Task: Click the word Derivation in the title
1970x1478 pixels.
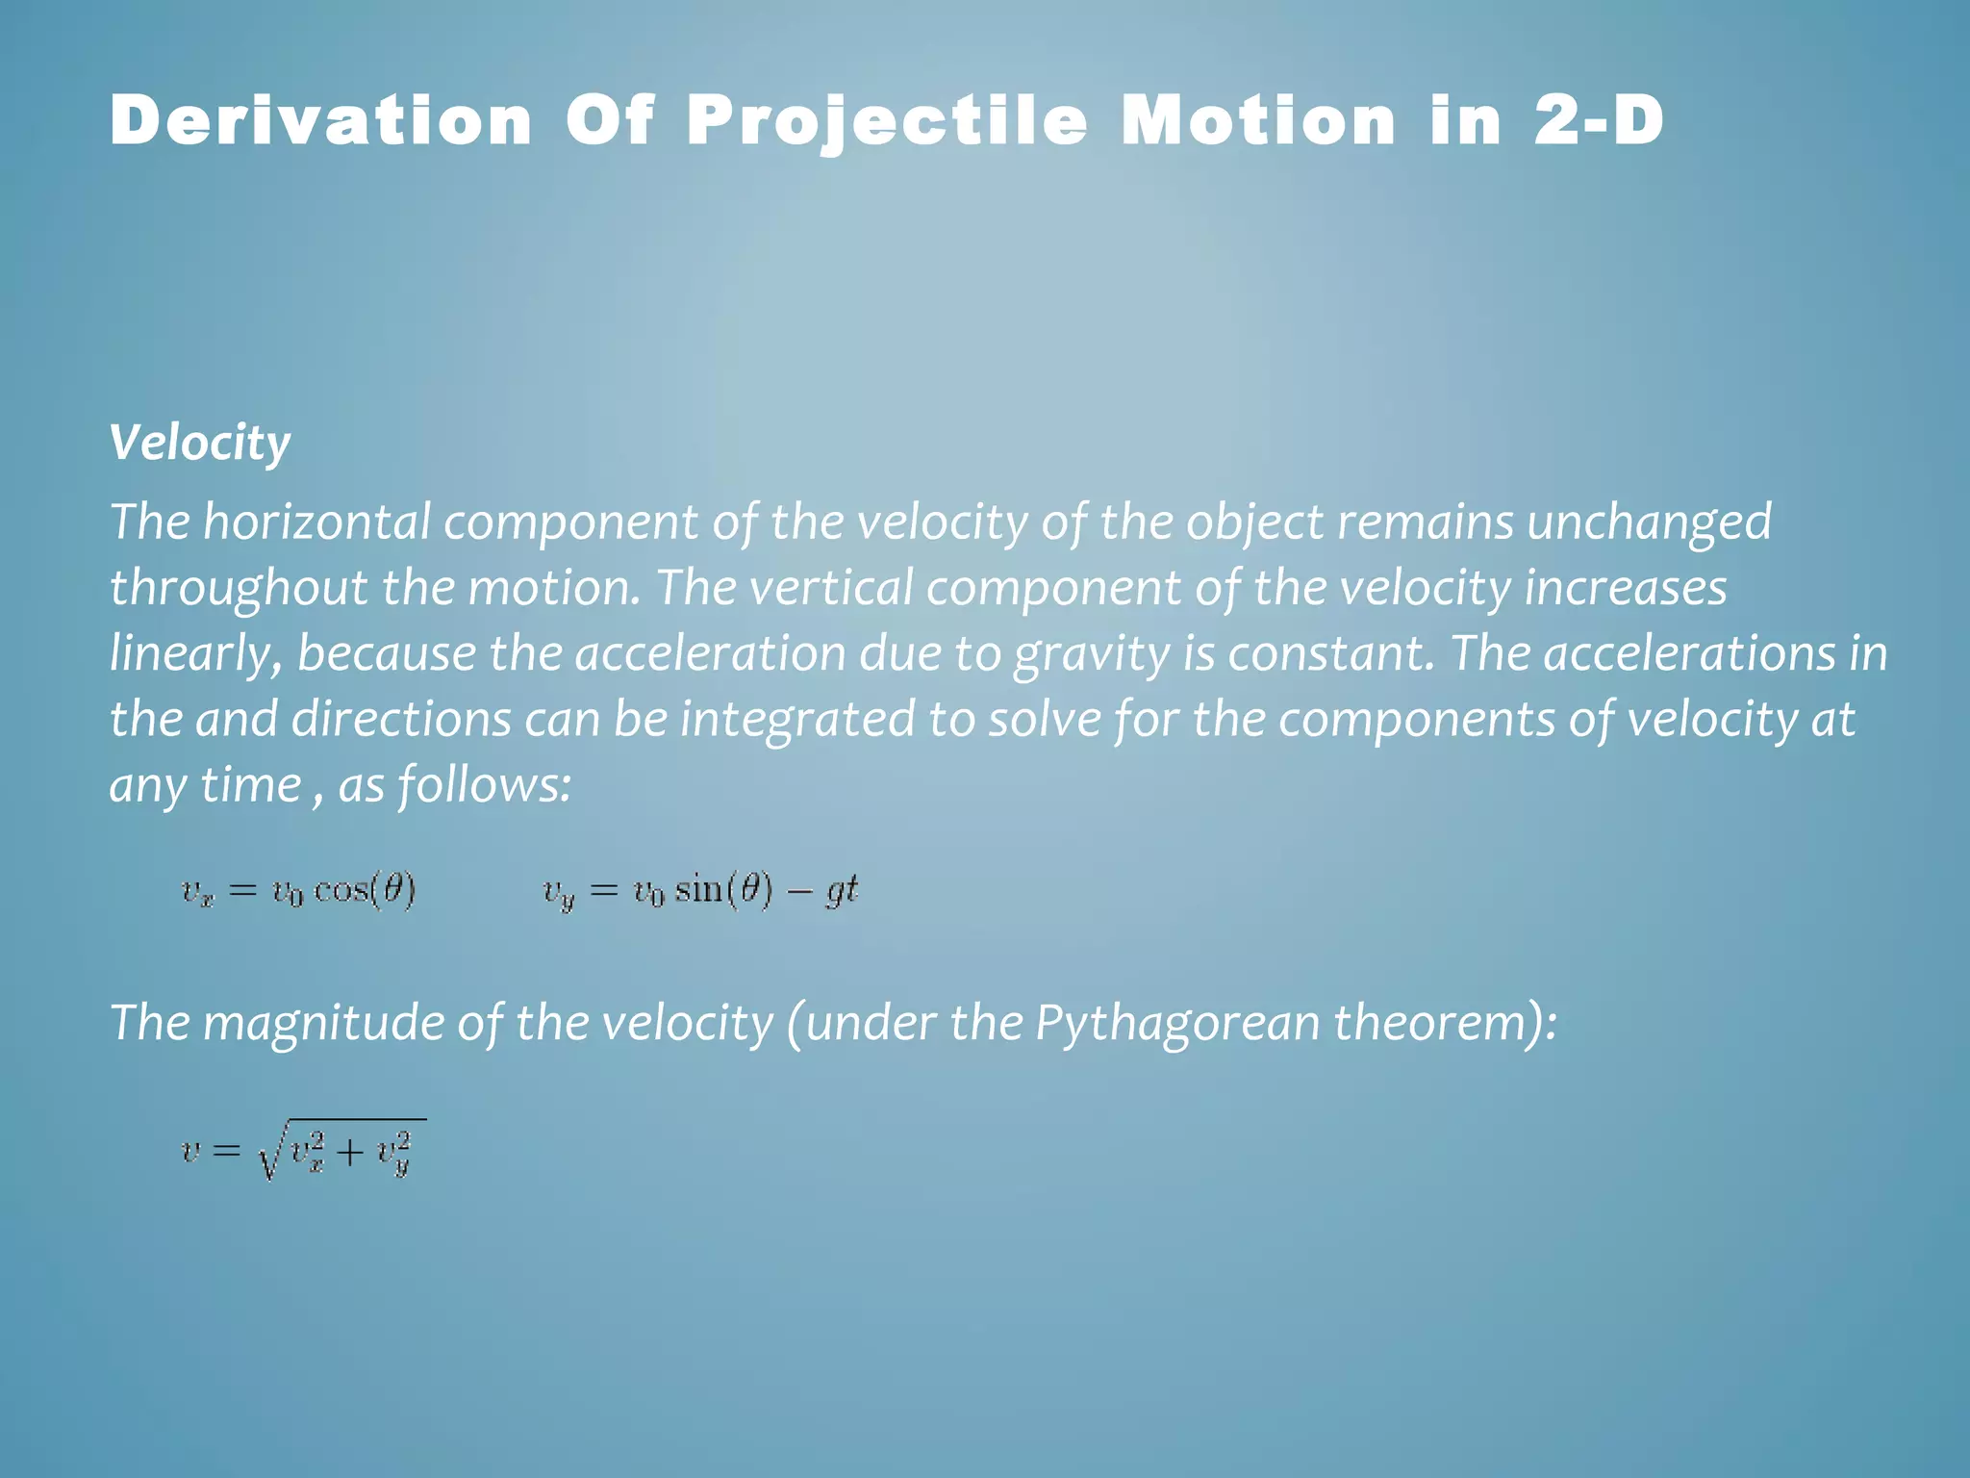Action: point(321,122)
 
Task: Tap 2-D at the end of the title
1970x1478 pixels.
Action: point(1598,122)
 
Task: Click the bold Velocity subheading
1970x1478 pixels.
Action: point(200,444)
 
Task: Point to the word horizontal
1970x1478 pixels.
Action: point(316,522)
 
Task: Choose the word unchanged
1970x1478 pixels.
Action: point(1649,522)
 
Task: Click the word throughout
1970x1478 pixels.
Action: point(239,588)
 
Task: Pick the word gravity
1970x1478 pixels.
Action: point(1092,654)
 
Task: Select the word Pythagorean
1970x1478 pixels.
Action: point(1177,1022)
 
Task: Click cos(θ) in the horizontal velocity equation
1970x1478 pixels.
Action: point(365,890)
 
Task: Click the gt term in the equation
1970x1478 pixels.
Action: point(842,891)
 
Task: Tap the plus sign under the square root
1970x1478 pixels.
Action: point(351,1152)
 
